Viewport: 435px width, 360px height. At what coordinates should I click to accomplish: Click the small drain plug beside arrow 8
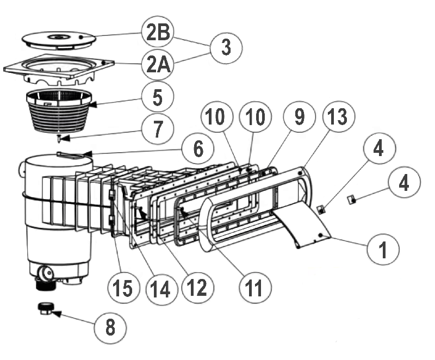click(45, 309)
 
